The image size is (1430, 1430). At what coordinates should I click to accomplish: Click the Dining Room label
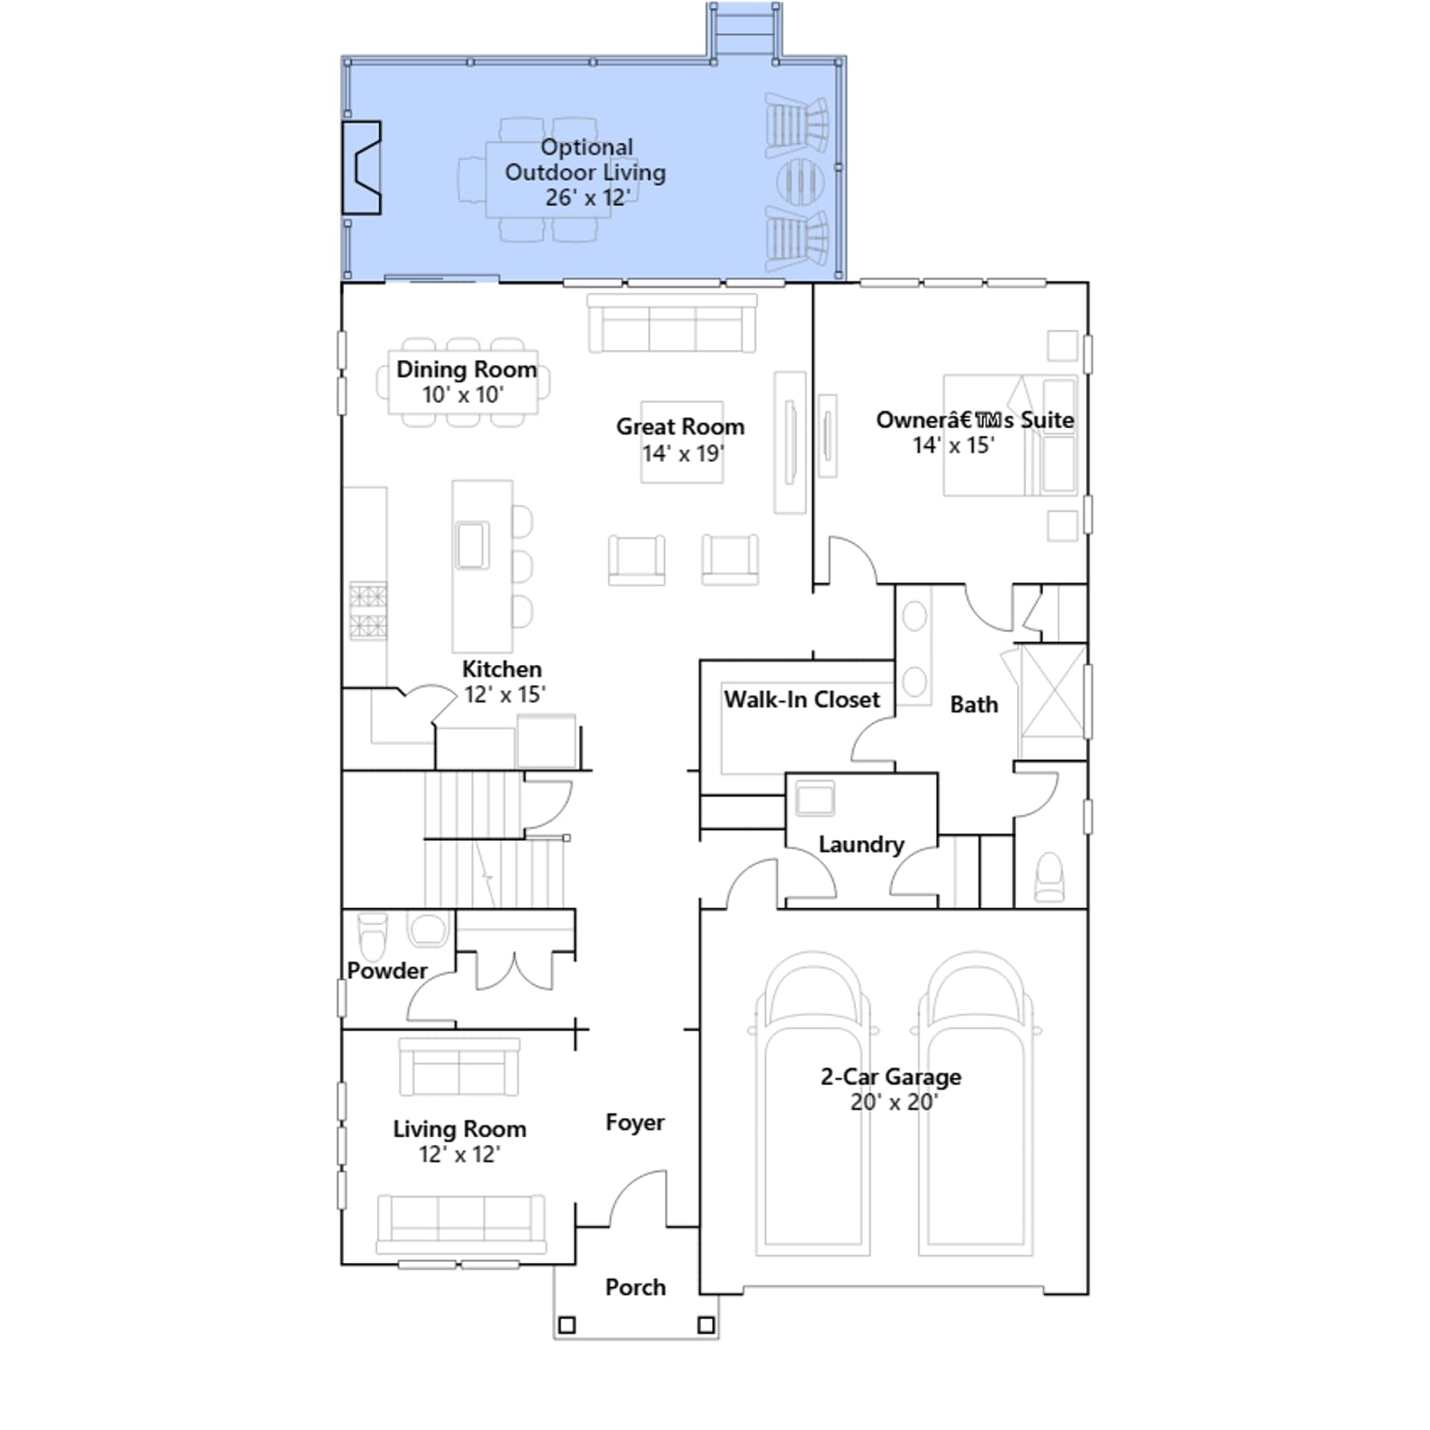tap(467, 369)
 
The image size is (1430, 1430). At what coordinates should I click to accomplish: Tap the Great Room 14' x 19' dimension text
tap(683, 453)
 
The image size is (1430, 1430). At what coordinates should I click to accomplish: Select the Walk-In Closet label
tap(802, 699)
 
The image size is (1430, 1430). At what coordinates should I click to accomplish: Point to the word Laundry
tap(862, 845)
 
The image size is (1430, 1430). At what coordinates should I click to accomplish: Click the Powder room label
tap(387, 971)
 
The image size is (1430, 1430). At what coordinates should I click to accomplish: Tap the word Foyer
tap(635, 1123)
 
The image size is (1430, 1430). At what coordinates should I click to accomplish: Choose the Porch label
tap(635, 1287)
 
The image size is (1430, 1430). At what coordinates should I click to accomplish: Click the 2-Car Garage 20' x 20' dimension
tap(893, 1102)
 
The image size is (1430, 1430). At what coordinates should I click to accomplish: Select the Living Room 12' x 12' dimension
tap(459, 1154)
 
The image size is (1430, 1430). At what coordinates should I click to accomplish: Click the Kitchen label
tap(501, 669)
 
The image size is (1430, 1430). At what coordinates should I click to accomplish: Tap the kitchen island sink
tap(472, 544)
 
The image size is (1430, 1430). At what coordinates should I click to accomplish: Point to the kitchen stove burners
tap(367, 610)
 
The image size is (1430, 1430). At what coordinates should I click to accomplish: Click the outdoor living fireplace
tap(361, 168)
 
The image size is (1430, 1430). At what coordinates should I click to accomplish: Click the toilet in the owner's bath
tap(1049, 877)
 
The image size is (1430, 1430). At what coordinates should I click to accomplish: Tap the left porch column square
tap(567, 1325)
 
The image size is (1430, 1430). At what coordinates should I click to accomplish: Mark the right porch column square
tap(706, 1325)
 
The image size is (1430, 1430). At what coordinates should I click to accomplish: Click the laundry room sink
tap(814, 798)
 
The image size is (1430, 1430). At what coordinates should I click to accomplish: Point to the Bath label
tap(974, 704)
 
